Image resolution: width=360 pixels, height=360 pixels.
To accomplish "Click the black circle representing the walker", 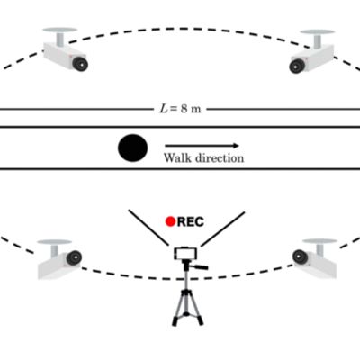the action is point(133,148).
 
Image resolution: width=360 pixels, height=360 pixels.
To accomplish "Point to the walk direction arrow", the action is point(202,146).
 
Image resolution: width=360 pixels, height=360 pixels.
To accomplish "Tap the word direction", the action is point(220,157).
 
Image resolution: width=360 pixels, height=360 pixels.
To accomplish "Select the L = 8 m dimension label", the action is point(180,109).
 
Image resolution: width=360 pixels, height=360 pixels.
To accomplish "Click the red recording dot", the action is point(170,221).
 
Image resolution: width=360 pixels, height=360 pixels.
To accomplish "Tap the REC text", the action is point(191,221).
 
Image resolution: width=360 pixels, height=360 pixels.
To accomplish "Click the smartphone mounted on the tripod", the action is point(186,254).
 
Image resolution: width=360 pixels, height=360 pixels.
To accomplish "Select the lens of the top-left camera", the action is point(80,64).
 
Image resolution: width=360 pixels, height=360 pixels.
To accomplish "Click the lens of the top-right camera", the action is point(297,67).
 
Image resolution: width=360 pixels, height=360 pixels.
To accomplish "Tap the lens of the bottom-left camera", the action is point(74,258).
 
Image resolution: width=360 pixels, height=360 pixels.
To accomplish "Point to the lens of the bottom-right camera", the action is point(301,257).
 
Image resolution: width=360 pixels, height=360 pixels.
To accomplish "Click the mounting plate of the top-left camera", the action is point(60,30).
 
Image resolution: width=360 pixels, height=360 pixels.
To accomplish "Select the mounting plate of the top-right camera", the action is point(318,31).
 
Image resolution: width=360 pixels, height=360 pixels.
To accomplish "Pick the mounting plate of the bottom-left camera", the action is point(55,242).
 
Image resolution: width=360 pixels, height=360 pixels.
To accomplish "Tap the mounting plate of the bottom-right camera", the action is point(319,241).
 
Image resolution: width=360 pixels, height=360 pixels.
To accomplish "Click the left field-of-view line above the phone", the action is point(148,228).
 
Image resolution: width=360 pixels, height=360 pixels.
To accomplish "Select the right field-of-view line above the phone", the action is point(223,229).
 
